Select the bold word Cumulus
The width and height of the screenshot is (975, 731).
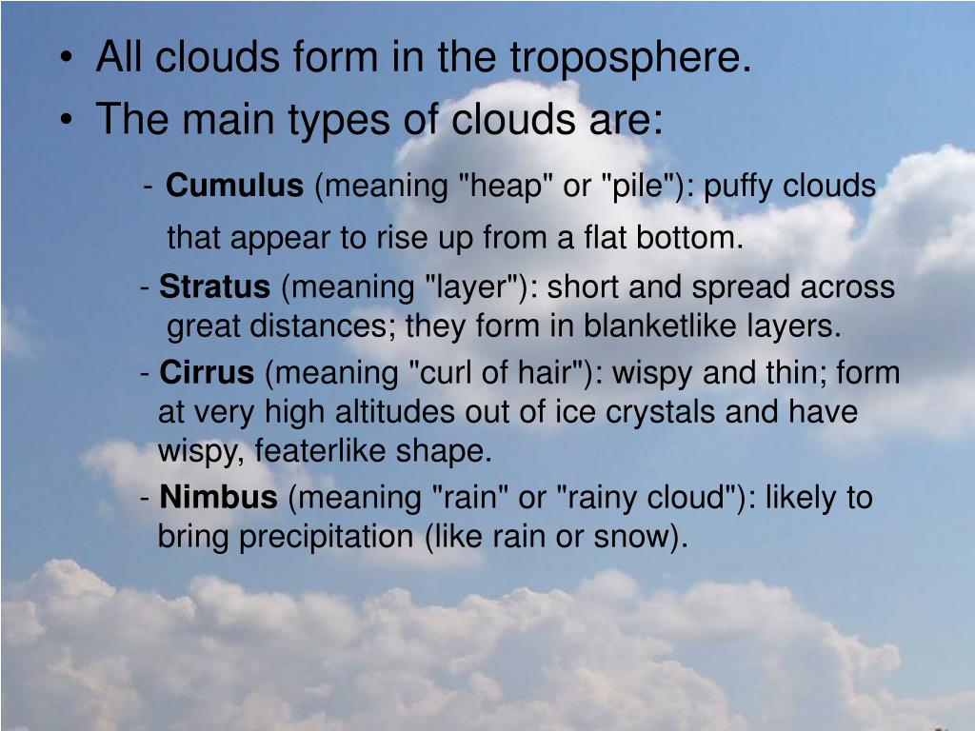point(234,187)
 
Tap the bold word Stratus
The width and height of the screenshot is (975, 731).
point(215,286)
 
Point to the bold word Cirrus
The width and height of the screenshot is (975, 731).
point(208,373)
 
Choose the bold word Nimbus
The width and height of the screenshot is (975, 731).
point(219,497)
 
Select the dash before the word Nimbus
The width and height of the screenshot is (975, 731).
point(145,498)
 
